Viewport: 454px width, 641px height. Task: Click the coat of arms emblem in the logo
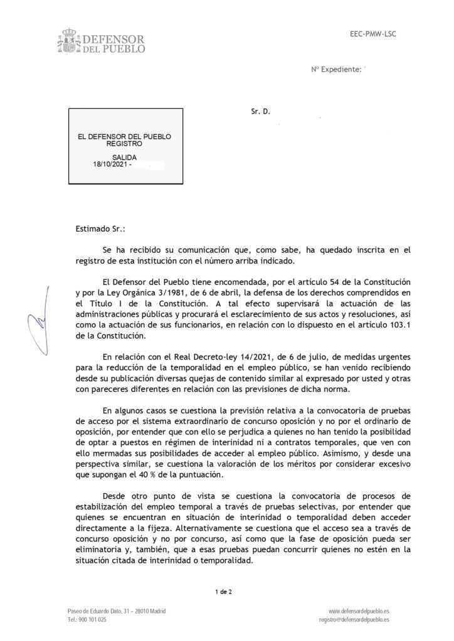click(67, 40)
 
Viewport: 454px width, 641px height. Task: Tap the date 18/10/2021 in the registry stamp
click(110, 165)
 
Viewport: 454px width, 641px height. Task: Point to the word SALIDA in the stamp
click(124, 157)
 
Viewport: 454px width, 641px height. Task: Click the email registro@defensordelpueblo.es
click(354, 619)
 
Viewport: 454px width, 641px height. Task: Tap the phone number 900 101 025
click(93, 619)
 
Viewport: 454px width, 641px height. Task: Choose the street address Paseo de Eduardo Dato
click(100, 610)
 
